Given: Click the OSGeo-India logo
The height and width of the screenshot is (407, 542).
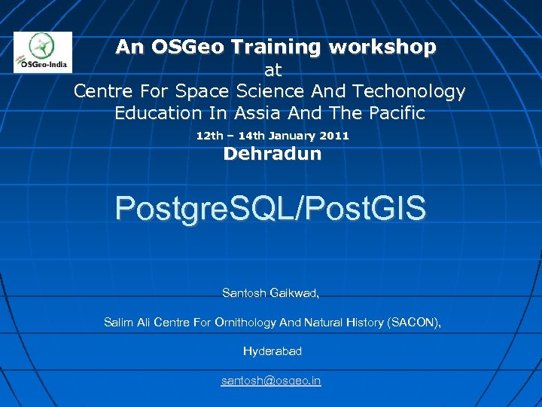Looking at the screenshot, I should [x=43, y=52].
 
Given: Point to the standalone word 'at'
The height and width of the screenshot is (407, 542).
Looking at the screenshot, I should [x=273, y=70].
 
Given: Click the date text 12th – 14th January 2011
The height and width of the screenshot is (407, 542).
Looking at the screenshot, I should [x=273, y=136].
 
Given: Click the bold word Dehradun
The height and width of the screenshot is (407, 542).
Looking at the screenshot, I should [x=273, y=155].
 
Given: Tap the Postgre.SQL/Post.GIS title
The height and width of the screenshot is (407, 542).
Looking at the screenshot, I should [x=271, y=208].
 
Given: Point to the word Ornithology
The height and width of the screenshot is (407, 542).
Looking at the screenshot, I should [x=245, y=323].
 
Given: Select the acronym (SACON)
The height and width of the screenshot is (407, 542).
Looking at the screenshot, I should [x=414, y=323].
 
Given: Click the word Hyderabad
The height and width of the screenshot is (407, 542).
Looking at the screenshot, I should [x=273, y=351].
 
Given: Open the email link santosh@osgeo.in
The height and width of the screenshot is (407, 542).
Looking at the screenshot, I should [x=271, y=381].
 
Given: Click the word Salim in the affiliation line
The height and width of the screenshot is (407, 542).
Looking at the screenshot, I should [x=118, y=323].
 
